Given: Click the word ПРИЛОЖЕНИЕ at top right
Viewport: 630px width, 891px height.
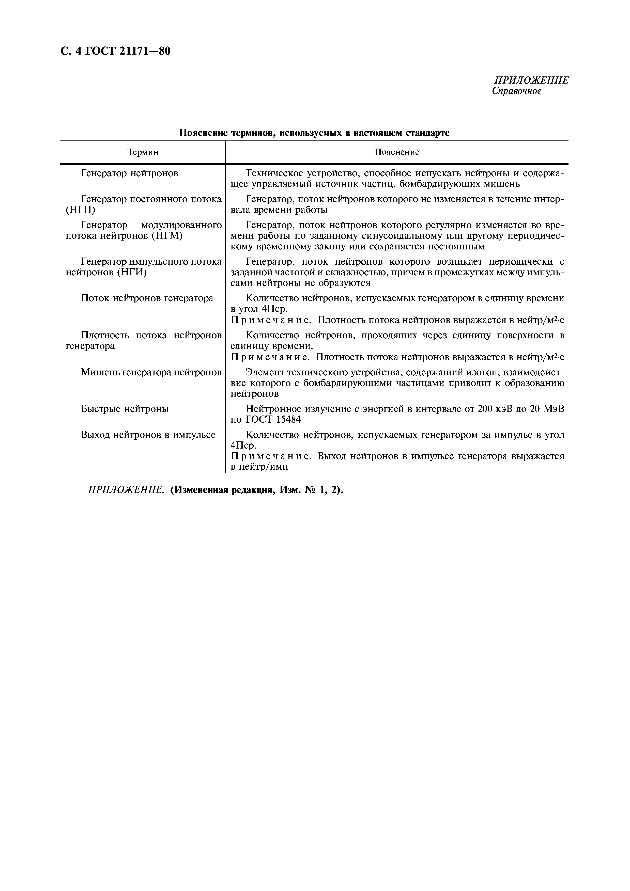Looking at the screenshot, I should tap(531, 80).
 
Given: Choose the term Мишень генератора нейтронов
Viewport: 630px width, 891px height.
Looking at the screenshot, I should tap(151, 373).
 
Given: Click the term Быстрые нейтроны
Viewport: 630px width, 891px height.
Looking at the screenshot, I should tap(125, 409).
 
